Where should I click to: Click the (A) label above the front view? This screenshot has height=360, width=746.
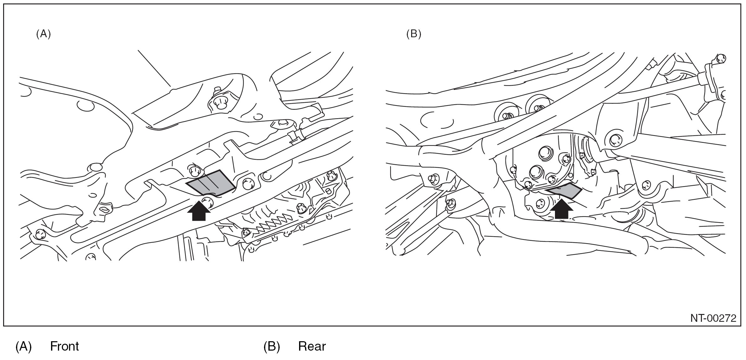point(44,34)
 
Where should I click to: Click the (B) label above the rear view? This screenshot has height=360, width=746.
point(413,34)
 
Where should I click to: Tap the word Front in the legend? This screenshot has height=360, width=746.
point(65,346)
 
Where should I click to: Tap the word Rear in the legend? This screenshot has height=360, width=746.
point(312,346)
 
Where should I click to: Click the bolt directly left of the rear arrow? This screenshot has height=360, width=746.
point(541,204)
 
